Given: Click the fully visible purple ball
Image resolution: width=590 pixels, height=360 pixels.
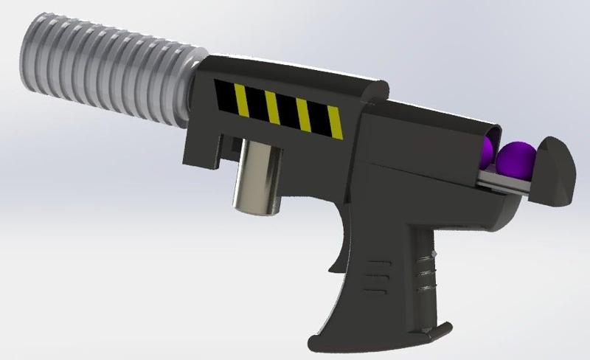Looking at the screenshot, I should (x=513, y=159).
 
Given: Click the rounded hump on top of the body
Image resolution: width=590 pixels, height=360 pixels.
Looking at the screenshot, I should (x=369, y=89).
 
